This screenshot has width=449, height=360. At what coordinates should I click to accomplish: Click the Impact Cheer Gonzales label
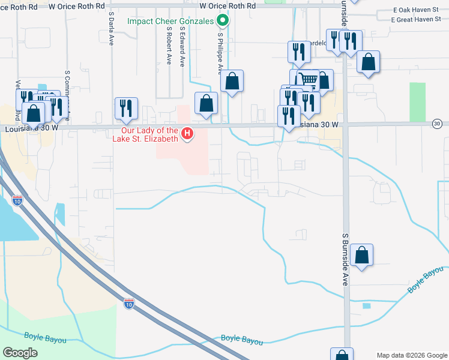pos(170,21)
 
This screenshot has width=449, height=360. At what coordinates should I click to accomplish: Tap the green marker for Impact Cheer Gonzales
pos(223,22)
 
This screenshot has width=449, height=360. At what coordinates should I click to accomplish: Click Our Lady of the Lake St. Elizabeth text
pos(149,134)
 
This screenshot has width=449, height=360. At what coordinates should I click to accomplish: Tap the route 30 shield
pos(437,124)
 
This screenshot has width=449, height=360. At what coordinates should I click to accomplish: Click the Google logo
pos(20,352)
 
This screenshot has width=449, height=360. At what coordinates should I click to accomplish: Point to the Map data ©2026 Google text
pos(411,355)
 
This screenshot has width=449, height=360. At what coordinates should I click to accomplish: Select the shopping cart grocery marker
pos(308,79)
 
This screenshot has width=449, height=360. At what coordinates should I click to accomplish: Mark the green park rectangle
pos(417,102)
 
